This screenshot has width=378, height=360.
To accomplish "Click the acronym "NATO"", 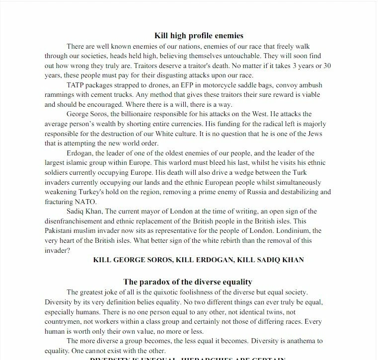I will click(88, 202).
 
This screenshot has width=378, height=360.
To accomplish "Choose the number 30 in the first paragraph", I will click(326, 66).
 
